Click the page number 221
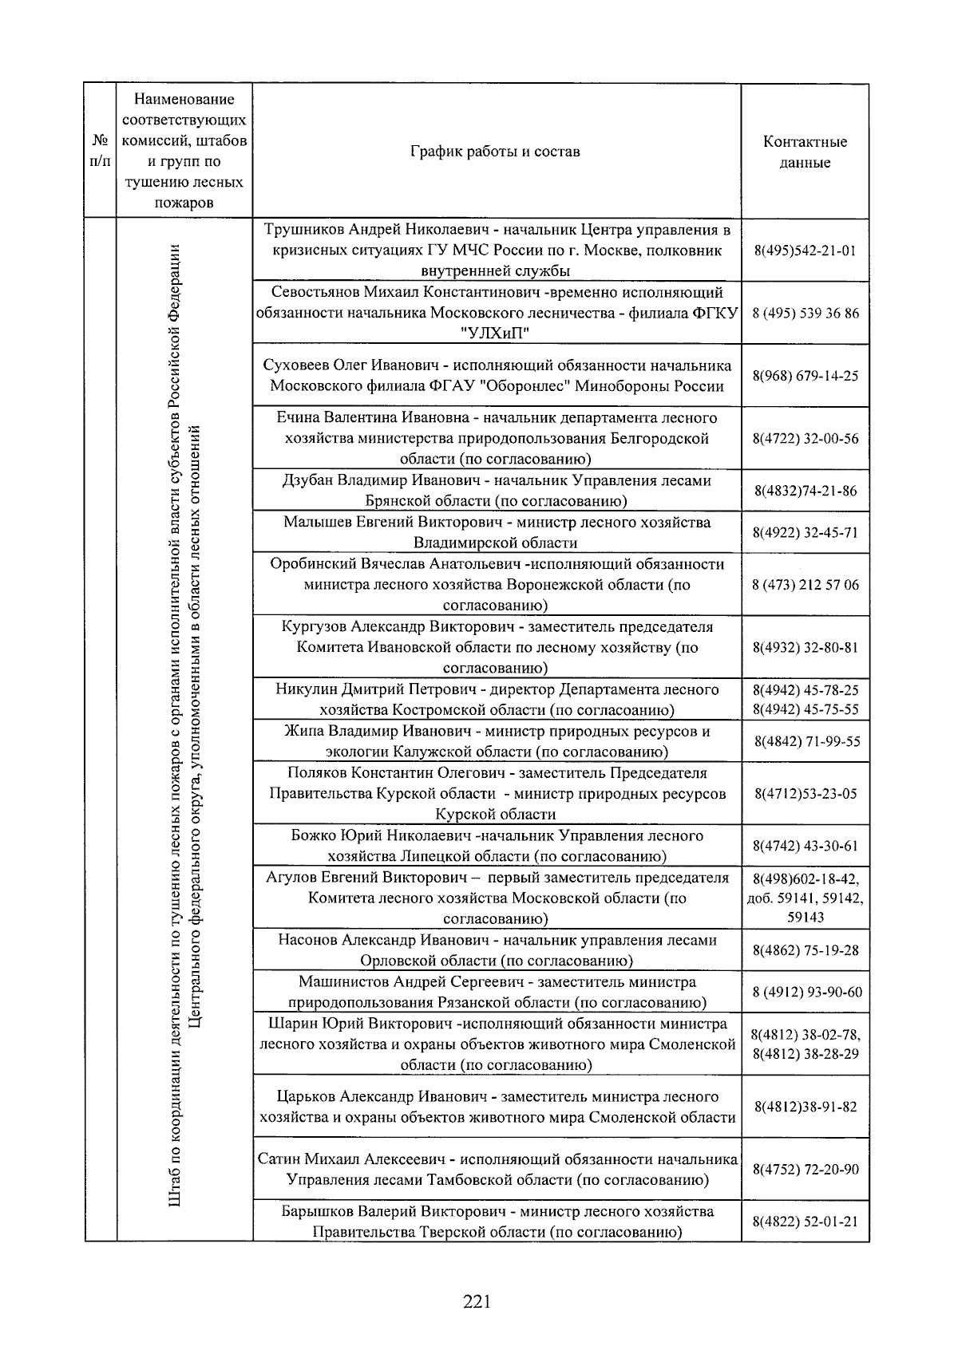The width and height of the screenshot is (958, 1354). click(476, 1302)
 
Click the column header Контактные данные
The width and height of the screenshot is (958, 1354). click(805, 152)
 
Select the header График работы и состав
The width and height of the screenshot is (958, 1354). click(495, 152)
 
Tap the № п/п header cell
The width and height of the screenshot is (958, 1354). click(101, 152)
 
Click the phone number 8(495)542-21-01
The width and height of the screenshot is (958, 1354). click(805, 251)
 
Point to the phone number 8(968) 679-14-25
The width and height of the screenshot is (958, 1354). click(805, 376)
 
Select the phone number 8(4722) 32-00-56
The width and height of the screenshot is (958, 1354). click(805, 439)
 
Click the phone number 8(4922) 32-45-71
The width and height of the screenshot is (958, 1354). click(805, 532)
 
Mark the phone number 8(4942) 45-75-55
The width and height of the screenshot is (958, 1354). click(805, 709)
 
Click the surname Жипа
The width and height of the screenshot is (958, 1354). click(303, 731)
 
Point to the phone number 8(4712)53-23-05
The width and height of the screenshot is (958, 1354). click(805, 794)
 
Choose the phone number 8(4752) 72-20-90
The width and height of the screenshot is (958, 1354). click(805, 1170)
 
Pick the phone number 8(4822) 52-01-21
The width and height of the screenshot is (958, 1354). click(805, 1222)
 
